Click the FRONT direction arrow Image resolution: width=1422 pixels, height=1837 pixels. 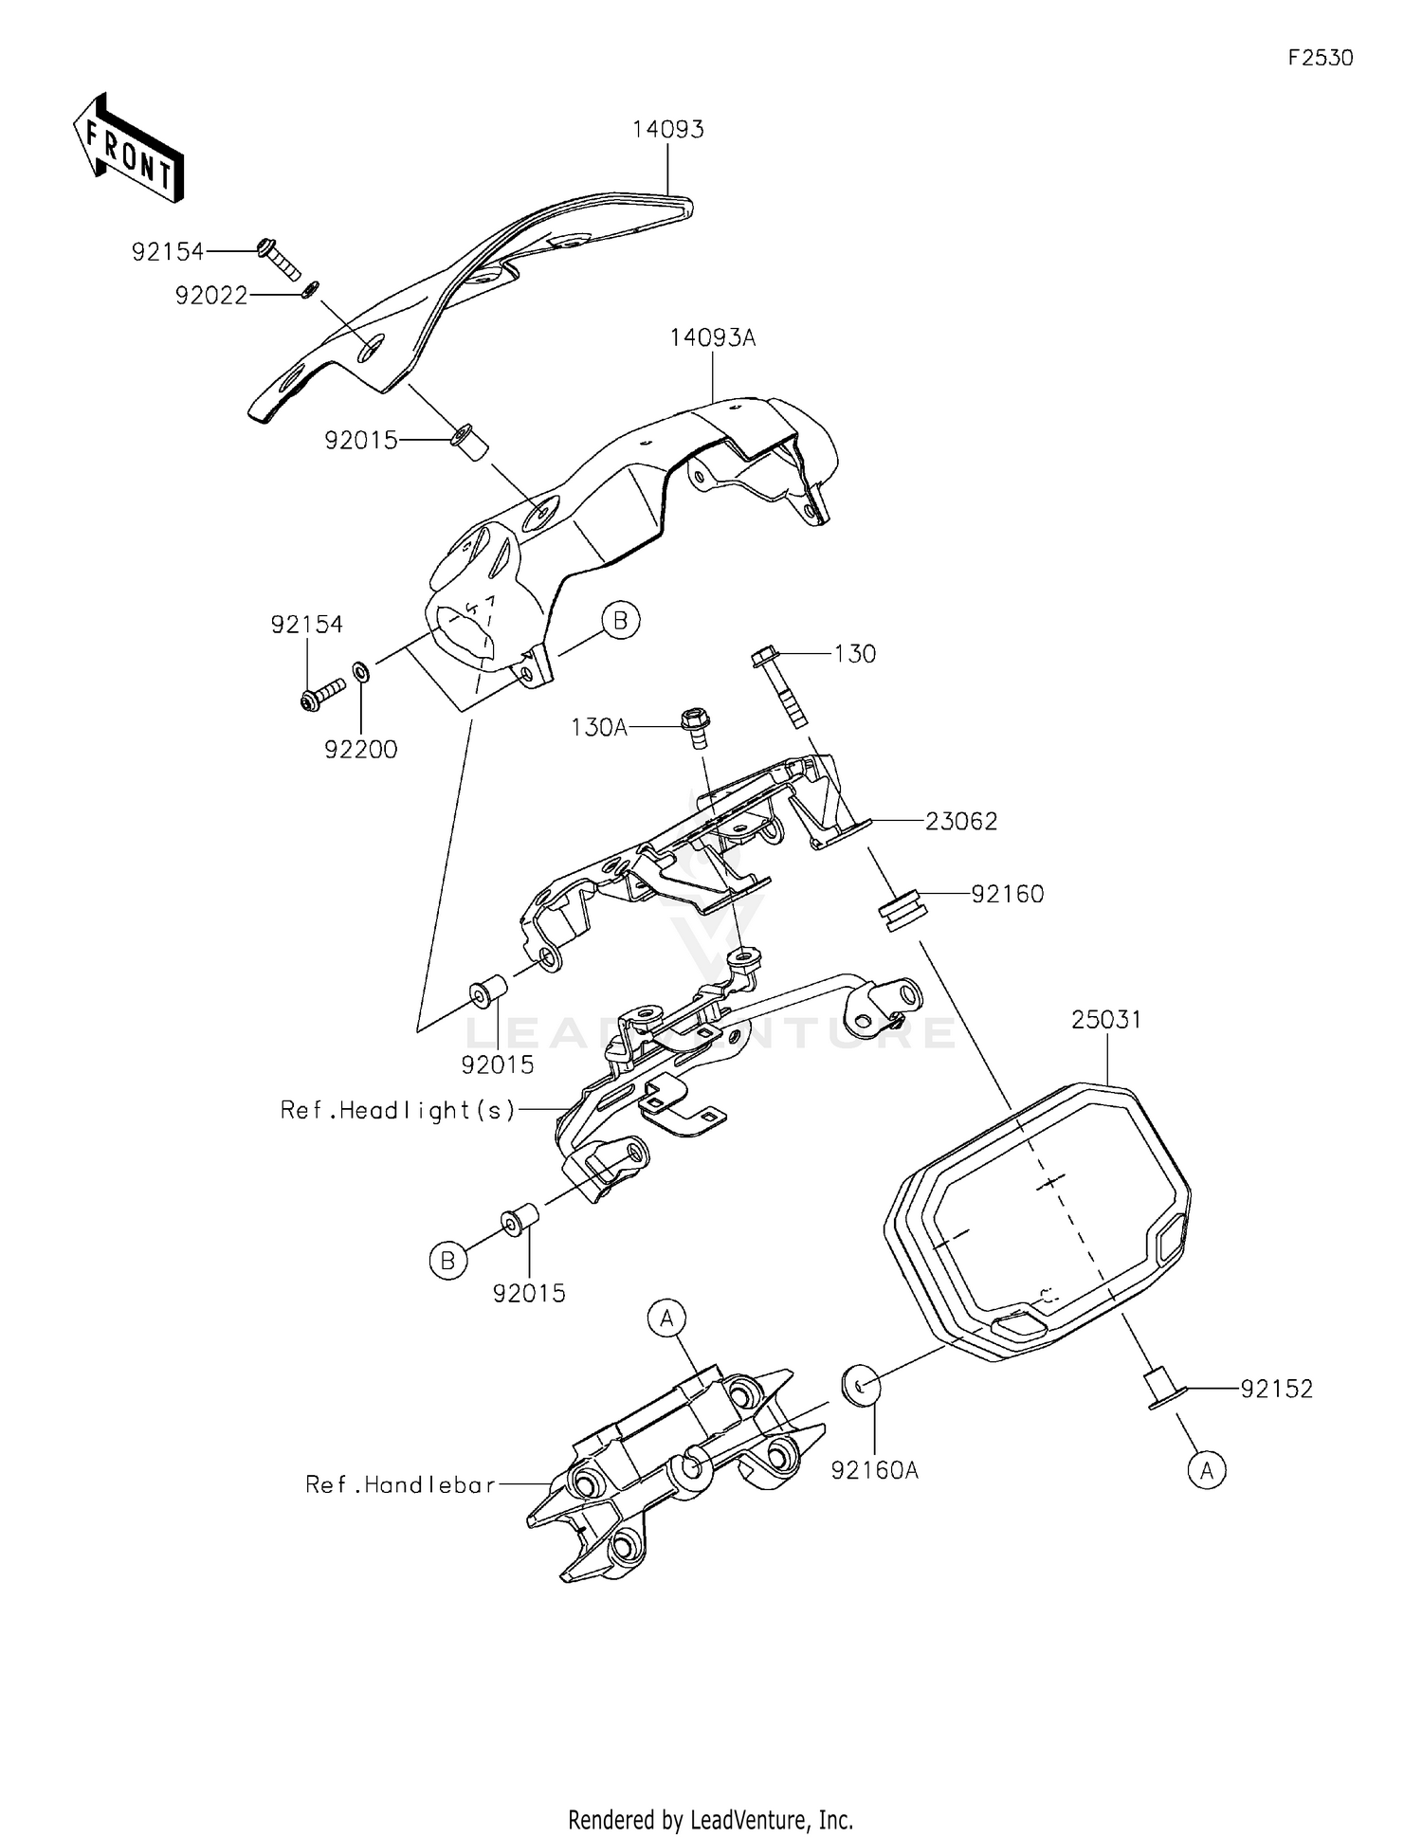click(x=128, y=148)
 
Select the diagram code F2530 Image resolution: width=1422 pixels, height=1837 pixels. click(x=1321, y=58)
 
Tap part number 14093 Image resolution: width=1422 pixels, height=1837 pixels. click(x=668, y=129)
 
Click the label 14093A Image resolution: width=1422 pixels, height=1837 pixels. click(x=713, y=337)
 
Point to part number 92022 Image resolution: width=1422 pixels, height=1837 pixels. click(x=211, y=296)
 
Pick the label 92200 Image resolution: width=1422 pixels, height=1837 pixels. click(x=361, y=750)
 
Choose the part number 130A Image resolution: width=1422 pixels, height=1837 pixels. click(x=599, y=728)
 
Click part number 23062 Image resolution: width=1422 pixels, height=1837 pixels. click(x=961, y=822)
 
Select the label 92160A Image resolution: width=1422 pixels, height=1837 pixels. click(x=875, y=1470)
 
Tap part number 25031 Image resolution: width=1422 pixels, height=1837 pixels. click(x=1107, y=1020)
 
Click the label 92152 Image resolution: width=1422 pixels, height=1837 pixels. click(x=1277, y=1390)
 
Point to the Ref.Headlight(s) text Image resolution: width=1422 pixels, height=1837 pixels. click(x=398, y=1110)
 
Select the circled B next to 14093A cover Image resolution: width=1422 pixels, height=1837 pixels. click(x=621, y=621)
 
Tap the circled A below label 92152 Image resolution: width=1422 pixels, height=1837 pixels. click(x=1207, y=1470)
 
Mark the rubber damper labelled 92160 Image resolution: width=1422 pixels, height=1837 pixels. click(x=901, y=909)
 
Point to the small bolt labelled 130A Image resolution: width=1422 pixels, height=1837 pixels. click(x=695, y=728)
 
